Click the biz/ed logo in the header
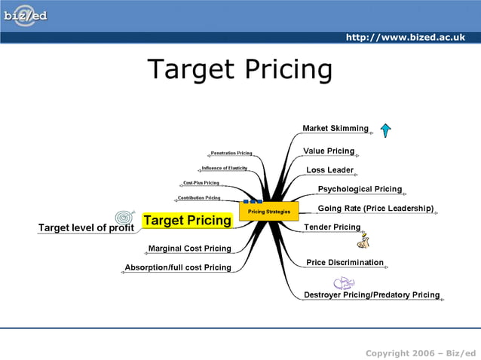pyautogui.click(x=25, y=17)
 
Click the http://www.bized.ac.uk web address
pyautogui.click(x=405, y=38)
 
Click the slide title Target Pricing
pyautogui.click(x=240, y=69)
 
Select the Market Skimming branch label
pyautogui.click(x=335, y=128)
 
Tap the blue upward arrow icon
pyautogui.click(x=385, y=130)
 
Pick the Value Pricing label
pyautogui.click(x=329, y=151)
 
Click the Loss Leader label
pyautogui.click(x=329, y=170)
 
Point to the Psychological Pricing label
pyautogui.click(x=360, y=189)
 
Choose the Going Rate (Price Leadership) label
pyautogui.click(x=375, y=208)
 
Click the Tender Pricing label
pyautogui.click(x=332, y=227)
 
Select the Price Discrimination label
pyautogui.click(x=345, y=263)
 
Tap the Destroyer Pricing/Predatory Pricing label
pyautogui.click(x=371, y=294)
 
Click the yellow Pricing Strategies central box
pyautogui.click(x=269, y=212)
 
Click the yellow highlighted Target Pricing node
pyautogui.click(x=187, y=221)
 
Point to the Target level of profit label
pyautogui.click(x=86, y=227)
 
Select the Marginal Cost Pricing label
pyautogui.click(x=189, y=249)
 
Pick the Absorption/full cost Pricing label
pyautogui.click(x=178, y=267)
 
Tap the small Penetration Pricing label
pyautogui.click(x=231, y=153)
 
